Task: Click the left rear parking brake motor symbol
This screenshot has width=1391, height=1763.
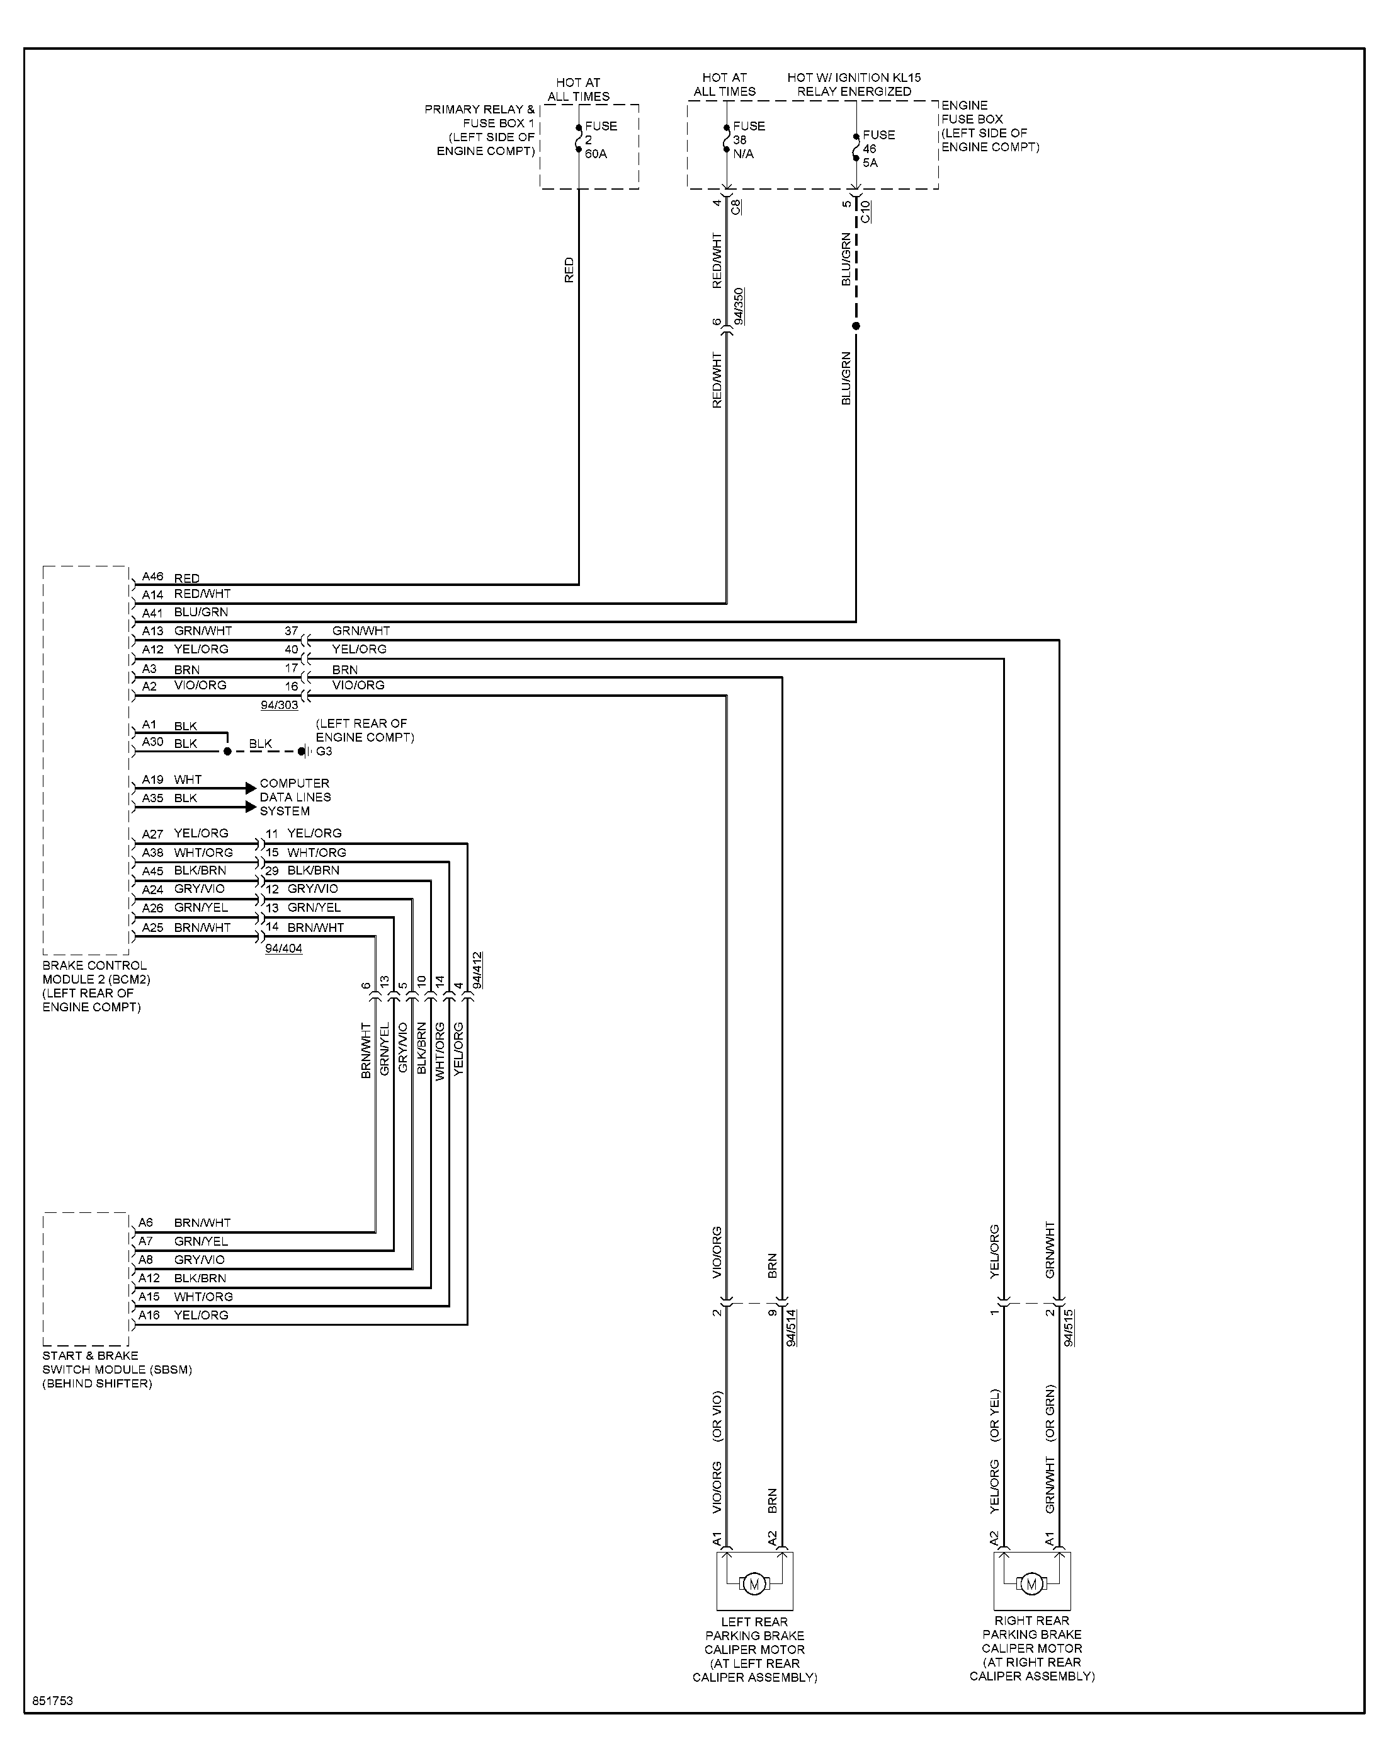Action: pyautogui.click(x=753, y=1584)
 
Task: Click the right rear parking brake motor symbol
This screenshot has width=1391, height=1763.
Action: pyautogui.click(x=1032, y=1584)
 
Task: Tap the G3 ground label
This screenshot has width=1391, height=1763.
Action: pyautogui.click(x=324, y=751)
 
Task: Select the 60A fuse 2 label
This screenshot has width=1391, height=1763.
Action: pyautogui.click(x=601, y=139)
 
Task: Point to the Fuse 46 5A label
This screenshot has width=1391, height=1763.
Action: pyautogui.click(x=878, y=148)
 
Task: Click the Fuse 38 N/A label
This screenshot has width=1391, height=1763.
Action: pyautogui.click(x=749, y=139)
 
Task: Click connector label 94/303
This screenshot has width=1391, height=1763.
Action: pyautogui.click(x=280, y=704)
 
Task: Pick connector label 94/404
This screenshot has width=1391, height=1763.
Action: pyautogui.click(x=283, y=948)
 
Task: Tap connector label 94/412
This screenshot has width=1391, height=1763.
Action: pyautogui.click(x=477, y=970)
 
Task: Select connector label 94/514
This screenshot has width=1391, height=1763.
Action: pyautogui.click(x=791, y=1327)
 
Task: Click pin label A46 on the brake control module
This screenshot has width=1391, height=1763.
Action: pyautogui.click(x=153, y=577)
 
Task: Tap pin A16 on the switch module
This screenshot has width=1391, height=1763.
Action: pyautogui.click(x=149, y=1315)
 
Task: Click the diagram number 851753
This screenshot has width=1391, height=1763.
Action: pyautogui.click(x=53, y=1701)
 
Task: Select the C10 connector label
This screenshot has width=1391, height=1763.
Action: pyautogui.click(x=866, y=211)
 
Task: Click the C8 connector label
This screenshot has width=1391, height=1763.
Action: pyautogui.click(x=736, y=205)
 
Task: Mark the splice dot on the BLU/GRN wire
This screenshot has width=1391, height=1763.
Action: pyautogui.click(x=856, y=326)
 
